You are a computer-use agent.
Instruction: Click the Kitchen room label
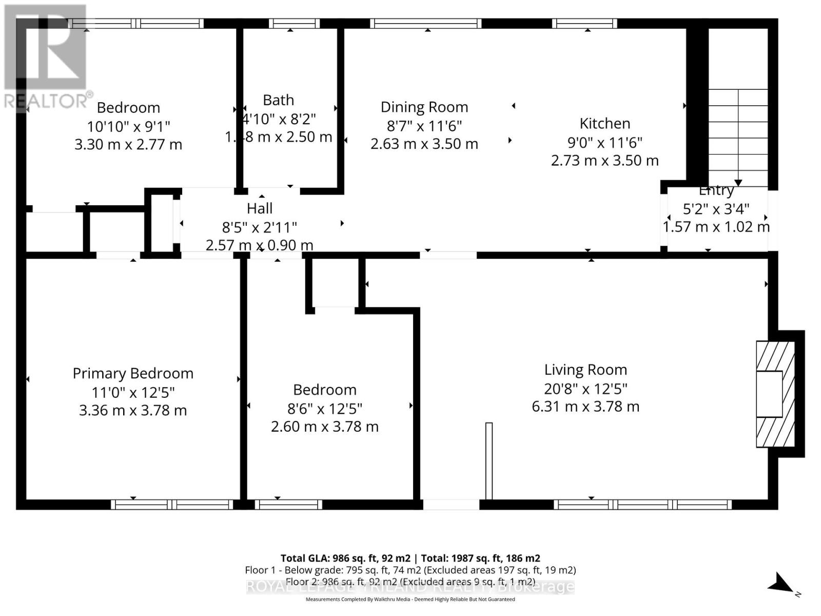pyautogui.click(x=604, y=124)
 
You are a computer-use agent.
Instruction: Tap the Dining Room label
pyautogui.click(x=424, y=107)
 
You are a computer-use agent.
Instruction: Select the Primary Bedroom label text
pyautogui.click(x=133, y=374)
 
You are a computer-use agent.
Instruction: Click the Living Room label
pyautogui.click(x=585, y=370)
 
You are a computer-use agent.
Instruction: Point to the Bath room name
pyautogui.click(x=278, y=100)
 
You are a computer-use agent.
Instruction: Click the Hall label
pyautogui.click(x=260, y=208)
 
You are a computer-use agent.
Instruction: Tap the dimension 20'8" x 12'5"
pyautogui.click(x=585, y=389)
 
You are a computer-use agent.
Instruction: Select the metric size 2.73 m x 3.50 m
pyautogui.click(x=604, y=161)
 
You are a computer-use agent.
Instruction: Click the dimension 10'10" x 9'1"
pyautogui.click(x=128, y=126)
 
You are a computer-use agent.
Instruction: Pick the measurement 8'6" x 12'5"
pyautogui.click(x=325, y=409)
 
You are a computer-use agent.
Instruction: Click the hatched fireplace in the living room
pyautogui.click(x=775, y=394)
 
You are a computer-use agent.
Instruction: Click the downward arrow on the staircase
pyautogui.click(x=738, y=183)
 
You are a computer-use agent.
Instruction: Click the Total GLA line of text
pyautogui.click(x=410, y=558)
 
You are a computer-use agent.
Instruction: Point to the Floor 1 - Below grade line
pyautogui.click(x=410, y=570)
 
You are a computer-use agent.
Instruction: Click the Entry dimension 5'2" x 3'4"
pyautogui.click(x=716, y=209)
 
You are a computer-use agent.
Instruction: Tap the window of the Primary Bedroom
pyautogui.click(x=172, y=505)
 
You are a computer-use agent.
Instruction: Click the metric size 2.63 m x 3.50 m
pyautogui.click(x=424, y=144)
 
